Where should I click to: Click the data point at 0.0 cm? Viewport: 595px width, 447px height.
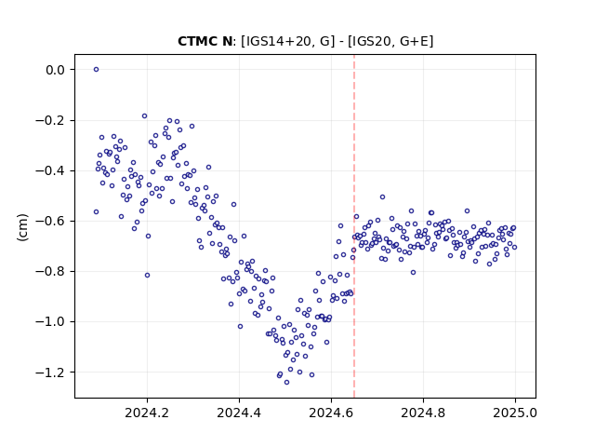96,70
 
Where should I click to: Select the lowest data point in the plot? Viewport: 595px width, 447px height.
286,383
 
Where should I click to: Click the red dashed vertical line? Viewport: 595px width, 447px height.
354,226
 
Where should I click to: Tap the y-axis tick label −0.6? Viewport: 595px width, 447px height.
50,222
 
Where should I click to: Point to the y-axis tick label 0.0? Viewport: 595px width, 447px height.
55,70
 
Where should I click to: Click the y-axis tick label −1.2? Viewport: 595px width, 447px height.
50,372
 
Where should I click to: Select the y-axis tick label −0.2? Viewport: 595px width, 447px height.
50,120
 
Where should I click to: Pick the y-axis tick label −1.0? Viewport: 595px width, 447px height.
50,322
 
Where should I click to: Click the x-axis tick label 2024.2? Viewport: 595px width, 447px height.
147,413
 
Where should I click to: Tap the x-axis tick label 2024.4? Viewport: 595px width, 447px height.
239,413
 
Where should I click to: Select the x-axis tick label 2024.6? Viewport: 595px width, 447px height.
331,413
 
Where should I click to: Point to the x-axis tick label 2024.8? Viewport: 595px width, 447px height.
423,413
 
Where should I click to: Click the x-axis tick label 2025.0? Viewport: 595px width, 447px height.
515,413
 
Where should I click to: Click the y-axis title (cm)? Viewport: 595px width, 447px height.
22,227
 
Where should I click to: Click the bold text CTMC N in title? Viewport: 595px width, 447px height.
205,41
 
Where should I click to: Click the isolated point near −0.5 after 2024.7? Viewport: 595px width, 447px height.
382,196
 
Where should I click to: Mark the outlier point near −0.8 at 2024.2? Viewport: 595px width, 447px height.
147,276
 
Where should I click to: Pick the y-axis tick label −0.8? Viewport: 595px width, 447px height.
50,271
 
